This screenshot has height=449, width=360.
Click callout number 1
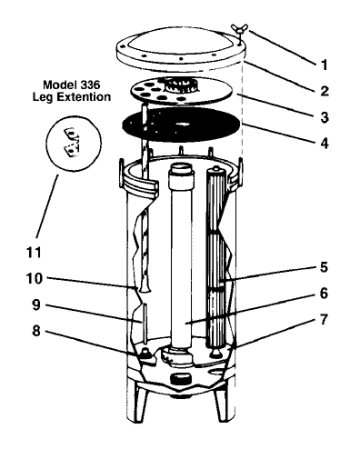click(x=325, y=65)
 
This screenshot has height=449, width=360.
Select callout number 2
click(x=325, y=91)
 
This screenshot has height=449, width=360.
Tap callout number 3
click(x=325, y=117)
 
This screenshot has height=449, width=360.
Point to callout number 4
click(x=325, y=143)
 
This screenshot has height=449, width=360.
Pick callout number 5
click(x=324, y=267)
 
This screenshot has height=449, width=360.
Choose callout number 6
click(x=324, y=294)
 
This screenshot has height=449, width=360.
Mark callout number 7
click(x=324, y=319)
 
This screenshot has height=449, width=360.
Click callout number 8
click(x=36, y=331)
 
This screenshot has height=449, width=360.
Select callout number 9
click(x=36, y=305)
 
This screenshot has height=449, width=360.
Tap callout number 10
click(x=34, y=279)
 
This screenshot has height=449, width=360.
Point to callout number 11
click(x=34, y=253)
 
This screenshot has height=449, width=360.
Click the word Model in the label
click(x=56, y=85)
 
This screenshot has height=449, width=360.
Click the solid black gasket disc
click(x=182, y=125)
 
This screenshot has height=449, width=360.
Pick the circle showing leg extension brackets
click(x=75, y=143)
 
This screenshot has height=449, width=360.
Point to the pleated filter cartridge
click(x=215, y=257)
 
